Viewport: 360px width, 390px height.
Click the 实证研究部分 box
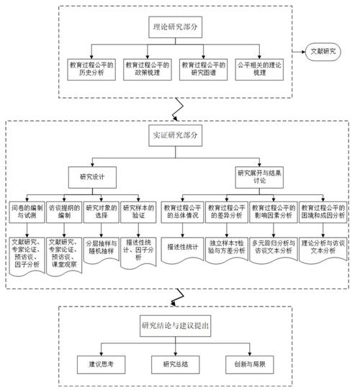click(177, 135)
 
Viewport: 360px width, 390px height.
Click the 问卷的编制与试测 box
click(27, 212)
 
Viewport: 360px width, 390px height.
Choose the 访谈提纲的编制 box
click(65, 212)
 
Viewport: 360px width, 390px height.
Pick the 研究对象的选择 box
click(102, 212)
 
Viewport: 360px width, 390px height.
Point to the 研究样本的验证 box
click(138, 212)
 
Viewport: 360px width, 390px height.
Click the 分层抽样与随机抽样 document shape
click(102, 248)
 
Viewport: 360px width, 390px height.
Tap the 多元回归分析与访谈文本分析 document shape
click(276, 248)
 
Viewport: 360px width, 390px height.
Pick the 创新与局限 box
click(248, 363)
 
